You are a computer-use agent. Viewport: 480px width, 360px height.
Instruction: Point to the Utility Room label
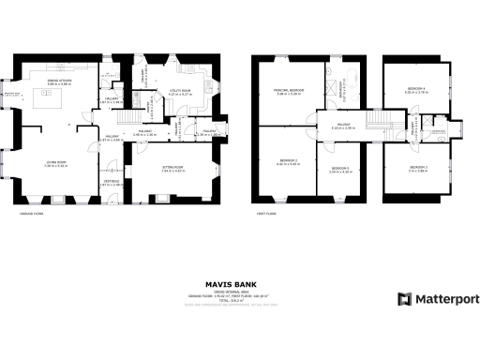point(180,93)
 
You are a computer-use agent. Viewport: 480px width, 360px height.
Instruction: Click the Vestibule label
point(111,184)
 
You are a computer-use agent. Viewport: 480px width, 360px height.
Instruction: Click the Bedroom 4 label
point(416,91)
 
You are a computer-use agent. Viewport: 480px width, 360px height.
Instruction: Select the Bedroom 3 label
point(417,169)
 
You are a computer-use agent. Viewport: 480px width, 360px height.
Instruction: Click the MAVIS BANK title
point(239,281)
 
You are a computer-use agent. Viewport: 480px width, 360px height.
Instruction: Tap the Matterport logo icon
point(405,299)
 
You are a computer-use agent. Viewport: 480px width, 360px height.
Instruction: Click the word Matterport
point(447,299)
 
